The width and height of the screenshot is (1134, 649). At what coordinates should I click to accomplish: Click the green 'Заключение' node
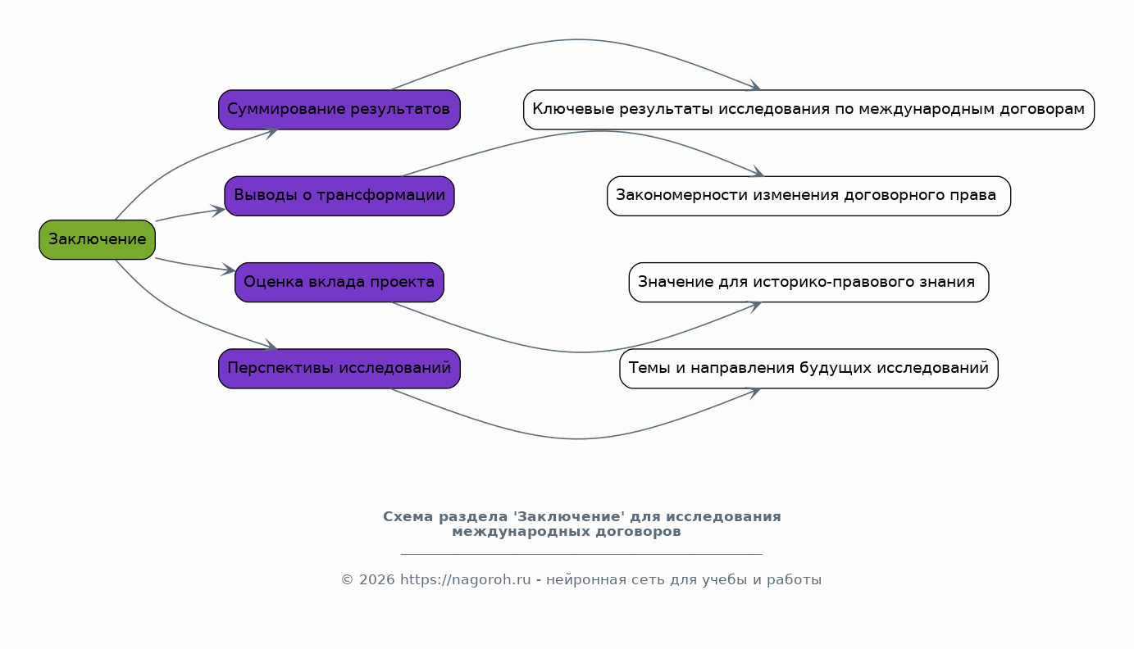[98, 239]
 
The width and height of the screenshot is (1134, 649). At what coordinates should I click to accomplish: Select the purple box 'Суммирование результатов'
[339, 109]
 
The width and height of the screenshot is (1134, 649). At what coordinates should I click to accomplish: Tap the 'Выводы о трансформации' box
[339, 196]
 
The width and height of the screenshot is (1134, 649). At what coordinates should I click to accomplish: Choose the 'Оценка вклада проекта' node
[339, 282]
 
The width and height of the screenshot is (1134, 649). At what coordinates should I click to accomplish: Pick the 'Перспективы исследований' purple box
[339, 368]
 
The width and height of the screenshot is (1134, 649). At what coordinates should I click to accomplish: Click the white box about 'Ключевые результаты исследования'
[809, 109]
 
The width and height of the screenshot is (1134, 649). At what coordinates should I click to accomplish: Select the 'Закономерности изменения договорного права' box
[809, 196]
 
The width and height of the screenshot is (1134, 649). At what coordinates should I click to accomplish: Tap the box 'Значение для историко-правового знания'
[809, 282]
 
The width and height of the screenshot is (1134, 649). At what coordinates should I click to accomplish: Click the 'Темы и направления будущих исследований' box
[809, 368]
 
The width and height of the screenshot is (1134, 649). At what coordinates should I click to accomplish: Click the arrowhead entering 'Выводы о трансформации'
[219, 211]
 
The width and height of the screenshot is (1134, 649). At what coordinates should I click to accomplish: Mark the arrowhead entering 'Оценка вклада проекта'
[229, 270]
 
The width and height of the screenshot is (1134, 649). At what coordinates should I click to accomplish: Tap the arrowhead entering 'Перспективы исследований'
[271, 345]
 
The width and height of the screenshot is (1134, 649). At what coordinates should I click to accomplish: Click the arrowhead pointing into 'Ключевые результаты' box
[754, 85]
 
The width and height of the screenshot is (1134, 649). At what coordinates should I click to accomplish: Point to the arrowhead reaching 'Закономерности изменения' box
[756, 171]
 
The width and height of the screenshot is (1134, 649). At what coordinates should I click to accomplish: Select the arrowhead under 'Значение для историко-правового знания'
[754, 306]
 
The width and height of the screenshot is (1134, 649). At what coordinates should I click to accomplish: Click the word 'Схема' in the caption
[408, 516]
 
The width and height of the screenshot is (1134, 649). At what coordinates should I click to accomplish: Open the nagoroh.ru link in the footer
[465, 579]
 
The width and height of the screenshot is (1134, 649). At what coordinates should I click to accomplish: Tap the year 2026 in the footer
[376, 579]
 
